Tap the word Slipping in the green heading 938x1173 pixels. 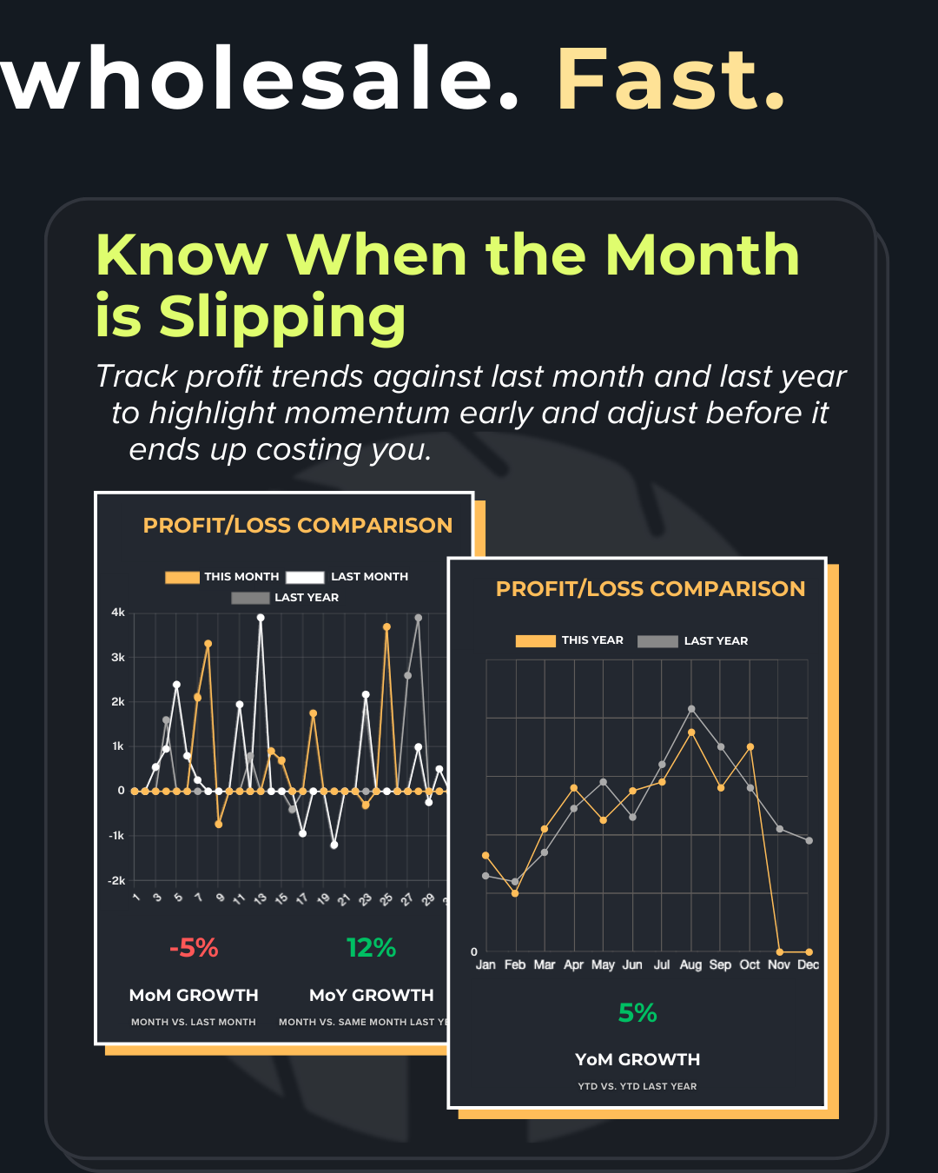click(x=282, y=316)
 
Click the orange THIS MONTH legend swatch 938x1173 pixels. click(x=182, y=577)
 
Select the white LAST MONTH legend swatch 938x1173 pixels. click(x=305, y=577)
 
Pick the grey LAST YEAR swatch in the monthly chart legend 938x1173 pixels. click(x=250, y=598)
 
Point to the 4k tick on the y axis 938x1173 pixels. click(x=118, y=613)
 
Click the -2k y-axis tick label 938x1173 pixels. click(x=116, y=880)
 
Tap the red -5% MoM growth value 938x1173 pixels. click(x=194, y=948)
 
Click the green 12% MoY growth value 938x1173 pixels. click(x=371, y=948)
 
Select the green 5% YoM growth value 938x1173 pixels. click(x=637, y=1013)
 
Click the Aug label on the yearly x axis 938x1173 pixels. click(x=690, y=964)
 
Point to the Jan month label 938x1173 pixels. click(x=486, y=964)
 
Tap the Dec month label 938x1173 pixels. click(x=808, y=964)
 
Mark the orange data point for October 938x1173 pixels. click(x=750, y=747)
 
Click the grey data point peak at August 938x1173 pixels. click(x=691, y=709)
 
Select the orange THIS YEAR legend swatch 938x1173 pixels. click(x=535, y=641)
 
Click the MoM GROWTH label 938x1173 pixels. click(x=194, y=996)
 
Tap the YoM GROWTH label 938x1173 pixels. click(x=637, y=1060)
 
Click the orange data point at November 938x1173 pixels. click(x=780, y=951)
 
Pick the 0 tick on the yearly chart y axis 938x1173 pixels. click(x=474, y=951)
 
